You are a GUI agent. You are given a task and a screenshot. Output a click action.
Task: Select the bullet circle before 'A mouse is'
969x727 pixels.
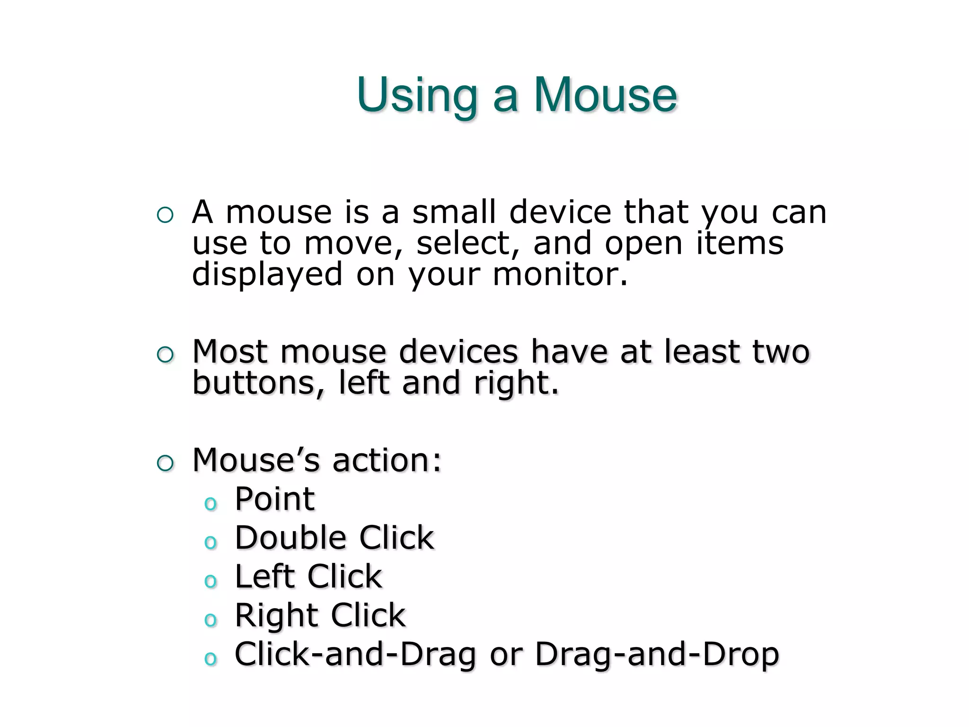point(165,215)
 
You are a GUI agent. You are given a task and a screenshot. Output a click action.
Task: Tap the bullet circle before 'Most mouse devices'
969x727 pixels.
point(165,355)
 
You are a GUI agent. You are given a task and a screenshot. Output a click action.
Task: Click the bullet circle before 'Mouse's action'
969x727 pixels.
point(165,463)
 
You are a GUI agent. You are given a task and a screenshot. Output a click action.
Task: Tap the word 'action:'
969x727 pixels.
point(387,460)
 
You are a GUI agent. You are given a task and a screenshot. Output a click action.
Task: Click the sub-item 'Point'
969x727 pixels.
point(274,499)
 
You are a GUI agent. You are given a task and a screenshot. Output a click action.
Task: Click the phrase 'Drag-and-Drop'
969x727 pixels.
point(657,654)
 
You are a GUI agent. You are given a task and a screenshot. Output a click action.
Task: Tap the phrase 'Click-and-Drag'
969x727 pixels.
point(355,654)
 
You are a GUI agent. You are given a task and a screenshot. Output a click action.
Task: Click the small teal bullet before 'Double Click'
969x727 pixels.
point(210,542)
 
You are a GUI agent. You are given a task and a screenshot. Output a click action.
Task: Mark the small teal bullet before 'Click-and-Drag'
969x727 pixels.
point(210,658)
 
